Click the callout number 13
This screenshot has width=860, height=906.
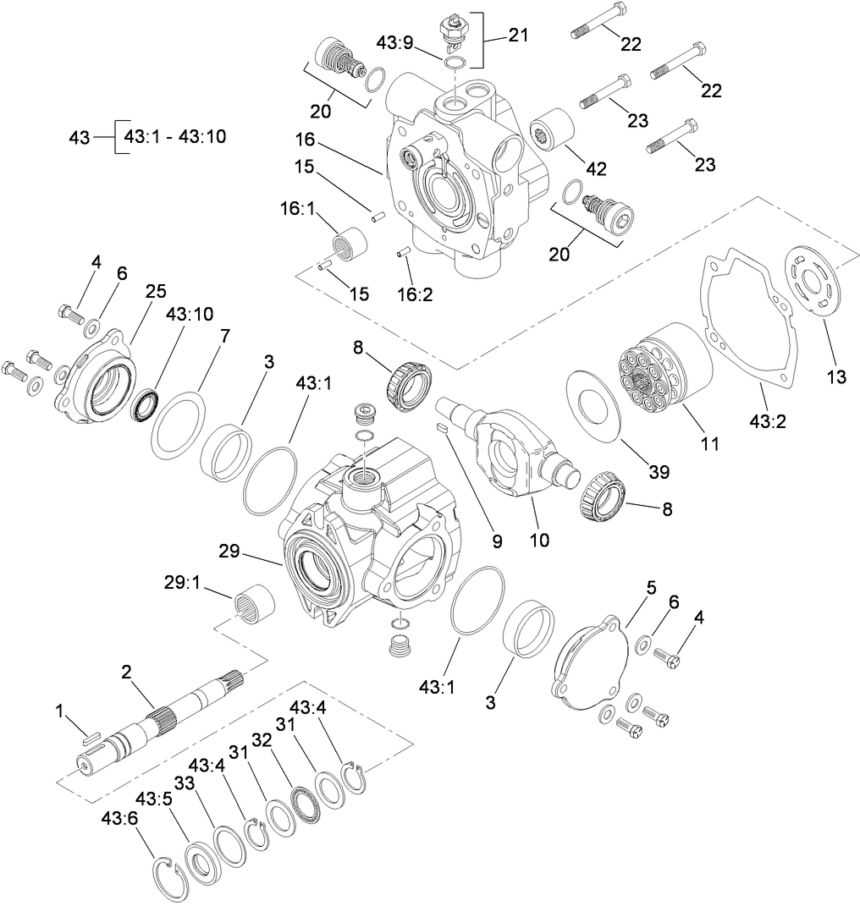pyautogui.click(x=835, y=377)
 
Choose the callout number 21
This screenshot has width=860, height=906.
pyautogui.click(x=518, y=35)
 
